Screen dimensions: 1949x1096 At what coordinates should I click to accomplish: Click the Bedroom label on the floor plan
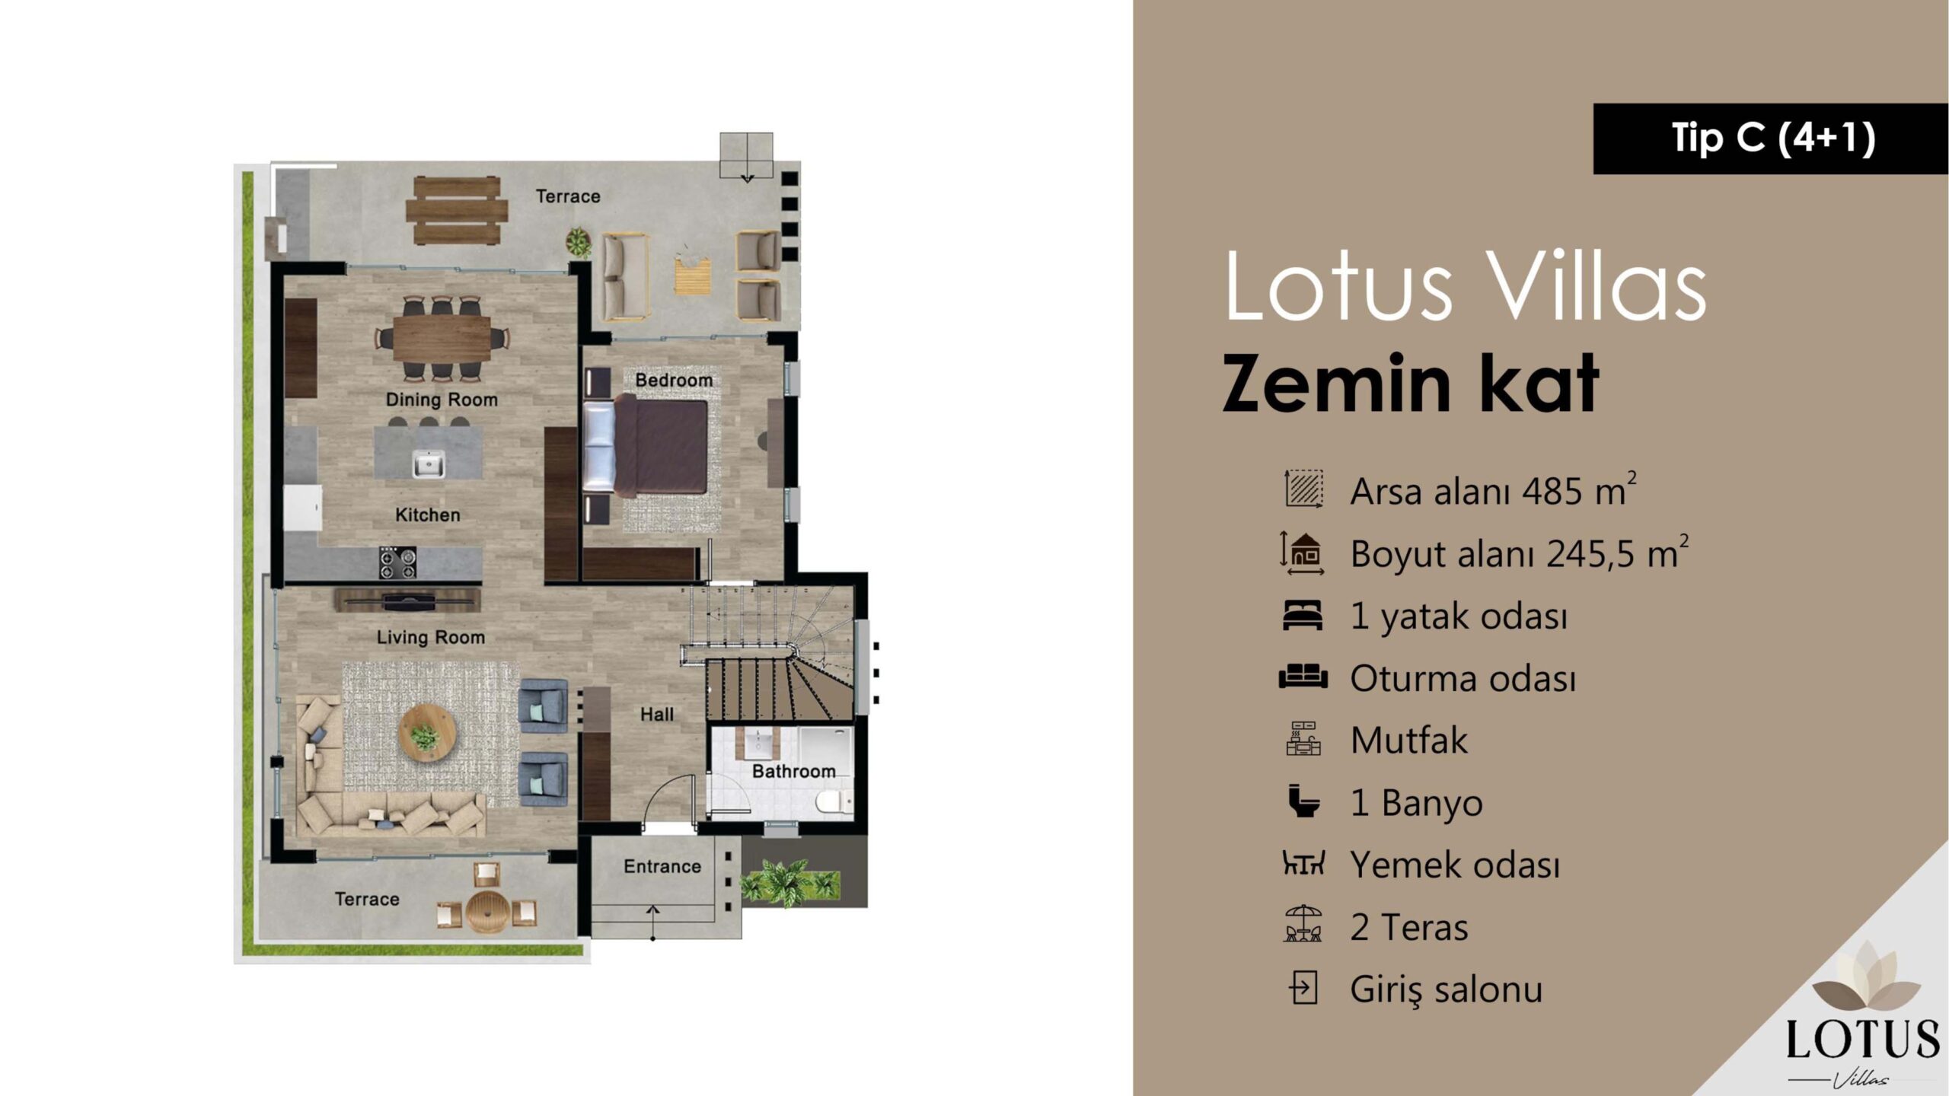[674, 380]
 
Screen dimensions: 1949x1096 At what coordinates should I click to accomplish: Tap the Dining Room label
[442, 400]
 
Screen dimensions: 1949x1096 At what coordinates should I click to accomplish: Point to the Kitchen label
[428, 515]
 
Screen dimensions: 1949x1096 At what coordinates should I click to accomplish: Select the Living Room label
[431, 638]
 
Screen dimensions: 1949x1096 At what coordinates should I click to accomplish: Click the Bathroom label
[793, 772]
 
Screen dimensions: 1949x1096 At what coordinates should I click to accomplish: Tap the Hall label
[657, 715]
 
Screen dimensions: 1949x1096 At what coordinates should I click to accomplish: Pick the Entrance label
[662, 866]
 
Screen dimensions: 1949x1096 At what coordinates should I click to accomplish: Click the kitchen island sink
[429, 464]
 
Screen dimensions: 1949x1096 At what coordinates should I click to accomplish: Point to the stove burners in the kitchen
[398, 563]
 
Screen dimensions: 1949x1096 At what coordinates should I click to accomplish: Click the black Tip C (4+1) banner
[1771, 139]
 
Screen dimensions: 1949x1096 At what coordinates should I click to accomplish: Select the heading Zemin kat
[1410, 384]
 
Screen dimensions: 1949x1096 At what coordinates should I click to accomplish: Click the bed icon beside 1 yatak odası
[1303, 616]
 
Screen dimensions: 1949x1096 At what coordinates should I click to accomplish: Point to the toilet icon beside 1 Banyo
[1303, 801]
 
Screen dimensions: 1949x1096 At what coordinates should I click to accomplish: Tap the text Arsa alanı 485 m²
[1493, 490]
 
